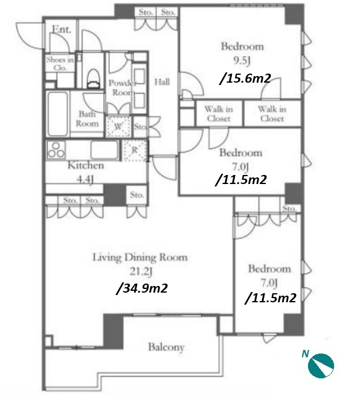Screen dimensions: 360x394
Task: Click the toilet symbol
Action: [93, 78]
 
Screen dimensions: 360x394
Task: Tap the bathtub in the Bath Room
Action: [57, 114]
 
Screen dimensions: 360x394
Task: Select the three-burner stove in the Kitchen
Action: [56, 150]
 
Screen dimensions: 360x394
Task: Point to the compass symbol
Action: [321, 366]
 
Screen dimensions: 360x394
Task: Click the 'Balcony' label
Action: [166, 347]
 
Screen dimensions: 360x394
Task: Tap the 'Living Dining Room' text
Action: [140, 257]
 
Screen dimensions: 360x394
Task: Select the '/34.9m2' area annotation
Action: [141, 288]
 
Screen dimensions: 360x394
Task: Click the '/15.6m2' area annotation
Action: [245, 79]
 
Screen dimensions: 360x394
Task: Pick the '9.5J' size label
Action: [242, 60]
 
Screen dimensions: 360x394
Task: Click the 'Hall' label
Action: [162, 82]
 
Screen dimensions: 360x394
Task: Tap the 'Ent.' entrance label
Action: [62, 30]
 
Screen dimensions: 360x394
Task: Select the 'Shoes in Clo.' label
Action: [60, 64]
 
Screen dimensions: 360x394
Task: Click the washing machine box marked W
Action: [118, 126]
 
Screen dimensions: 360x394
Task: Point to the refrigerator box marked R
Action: [135, 150]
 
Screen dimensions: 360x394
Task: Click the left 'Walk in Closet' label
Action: [219, 113]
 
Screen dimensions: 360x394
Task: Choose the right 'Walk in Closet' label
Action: [272, 113]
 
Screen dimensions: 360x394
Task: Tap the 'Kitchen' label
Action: [86, 165]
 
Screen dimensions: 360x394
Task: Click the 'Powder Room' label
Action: [123, 87]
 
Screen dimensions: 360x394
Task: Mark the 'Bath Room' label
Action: [87, 119]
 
